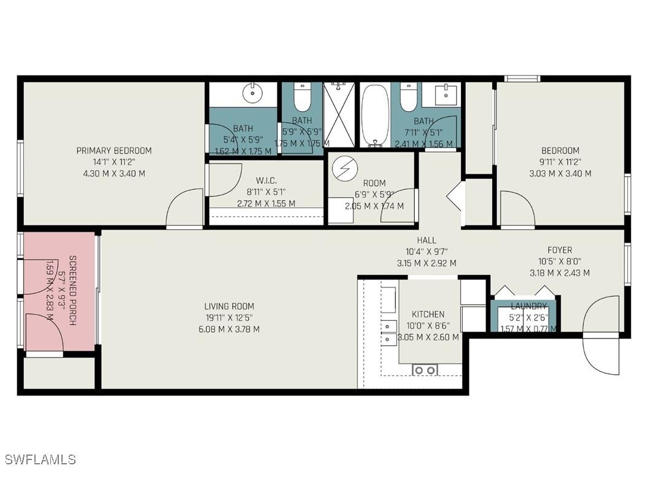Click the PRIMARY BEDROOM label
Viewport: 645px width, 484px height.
coord(114,150)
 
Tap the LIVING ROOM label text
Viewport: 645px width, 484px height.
coord(229,306)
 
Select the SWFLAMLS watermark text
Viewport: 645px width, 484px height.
coord(40,459)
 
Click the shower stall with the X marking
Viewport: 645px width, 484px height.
coord(339,115)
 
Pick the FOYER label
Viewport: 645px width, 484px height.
coord(560,250)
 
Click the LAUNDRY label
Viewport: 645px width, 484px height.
coord(528,306)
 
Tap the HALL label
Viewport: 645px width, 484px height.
coord(426,241)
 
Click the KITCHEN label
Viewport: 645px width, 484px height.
coord(428,314)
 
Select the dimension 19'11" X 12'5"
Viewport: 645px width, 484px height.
coord(229,318)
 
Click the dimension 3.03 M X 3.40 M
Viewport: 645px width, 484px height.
coord(560,173)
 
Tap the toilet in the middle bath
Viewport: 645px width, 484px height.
coord(302,97)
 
